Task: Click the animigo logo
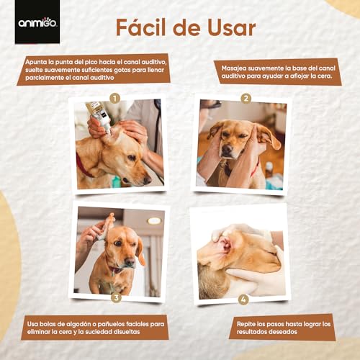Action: [x=37, y=22]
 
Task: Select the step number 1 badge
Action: [x=114, y=98]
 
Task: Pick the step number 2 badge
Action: [x=246, y=98]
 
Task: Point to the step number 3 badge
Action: [x=116, y=297]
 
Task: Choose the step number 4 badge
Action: [x=243, y=300]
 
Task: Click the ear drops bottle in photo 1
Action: [x=99, y=117]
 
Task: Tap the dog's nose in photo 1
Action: [x=147, y=180]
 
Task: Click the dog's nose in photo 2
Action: [x=227, y=150]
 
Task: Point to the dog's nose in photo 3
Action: [x=130, y=261]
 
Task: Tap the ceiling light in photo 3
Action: [x=154, y=221]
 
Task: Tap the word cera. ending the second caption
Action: [x=324, y=76]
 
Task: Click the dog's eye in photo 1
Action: [x=132, y=158]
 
